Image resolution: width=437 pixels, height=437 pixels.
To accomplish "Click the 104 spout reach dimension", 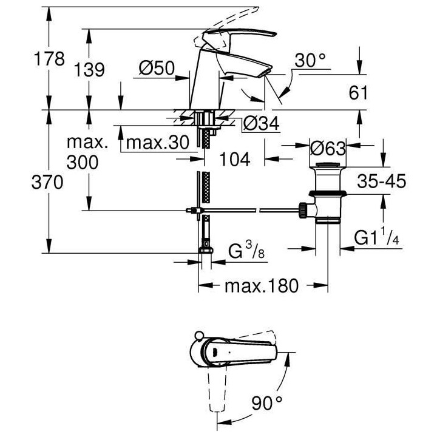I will (234, 160).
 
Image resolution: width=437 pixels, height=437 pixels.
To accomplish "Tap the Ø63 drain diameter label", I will (327, 147).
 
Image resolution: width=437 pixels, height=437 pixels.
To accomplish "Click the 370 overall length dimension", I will (49, 181).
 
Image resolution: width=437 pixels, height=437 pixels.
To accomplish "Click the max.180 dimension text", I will (262, 286).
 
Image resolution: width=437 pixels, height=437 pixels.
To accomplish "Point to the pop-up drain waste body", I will (327, 194).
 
